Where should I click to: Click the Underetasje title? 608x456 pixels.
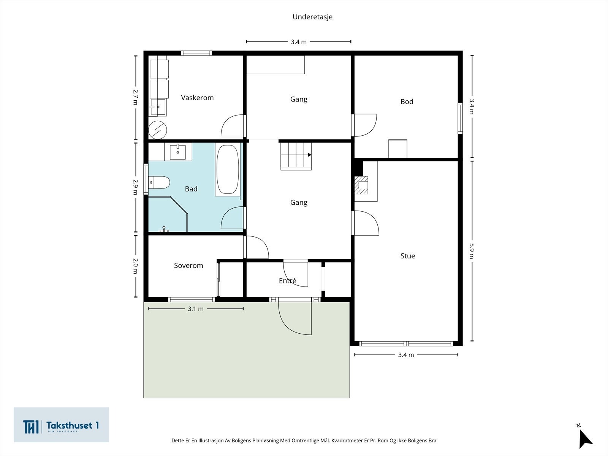click(312, 17)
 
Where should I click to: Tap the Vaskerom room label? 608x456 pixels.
click(197, 98)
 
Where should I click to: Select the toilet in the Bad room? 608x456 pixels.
click(159, 182)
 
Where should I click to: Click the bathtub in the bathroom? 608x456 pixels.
click(227, 169)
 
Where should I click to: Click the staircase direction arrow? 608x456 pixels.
click(310, 155)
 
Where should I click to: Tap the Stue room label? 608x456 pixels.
click(408, 256)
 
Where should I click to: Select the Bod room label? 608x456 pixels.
click(407, 101)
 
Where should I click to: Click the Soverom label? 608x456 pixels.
click(188, 266)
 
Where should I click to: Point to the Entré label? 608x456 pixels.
click(288, 280)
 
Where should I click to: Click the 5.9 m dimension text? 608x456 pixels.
click(472, 251)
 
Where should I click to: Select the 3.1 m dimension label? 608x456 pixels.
click(196, 309)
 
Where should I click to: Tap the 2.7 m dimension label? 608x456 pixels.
click(135, 97)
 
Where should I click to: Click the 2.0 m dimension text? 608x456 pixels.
click(135, 266)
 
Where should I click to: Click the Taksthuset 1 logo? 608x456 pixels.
click(61, 425)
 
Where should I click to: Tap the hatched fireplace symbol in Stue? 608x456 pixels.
click(361, 185)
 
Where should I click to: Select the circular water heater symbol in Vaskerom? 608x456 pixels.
click(158, 130)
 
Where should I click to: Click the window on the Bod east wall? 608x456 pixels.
click(460, 118)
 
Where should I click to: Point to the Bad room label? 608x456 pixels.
click(191, 189)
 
